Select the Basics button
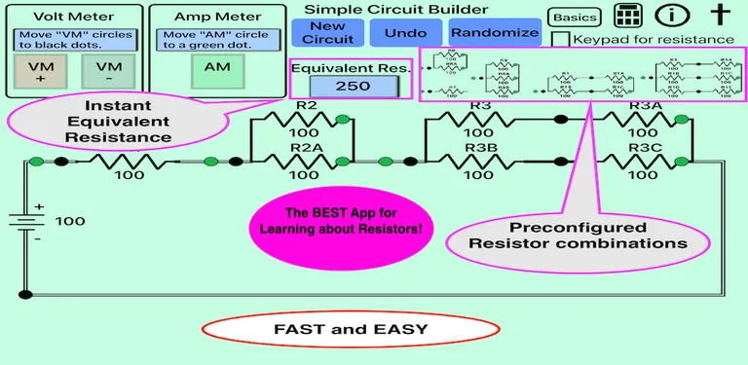click(574, 18)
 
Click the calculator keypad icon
click(628, 17)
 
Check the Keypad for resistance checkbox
click(560, 40)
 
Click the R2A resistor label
click(304, 148)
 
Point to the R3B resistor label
click(479, 148)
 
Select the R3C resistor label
click(644, 148)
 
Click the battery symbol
click(25, 222)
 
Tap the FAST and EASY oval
click(350, 329)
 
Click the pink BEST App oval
click(340, 220)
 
